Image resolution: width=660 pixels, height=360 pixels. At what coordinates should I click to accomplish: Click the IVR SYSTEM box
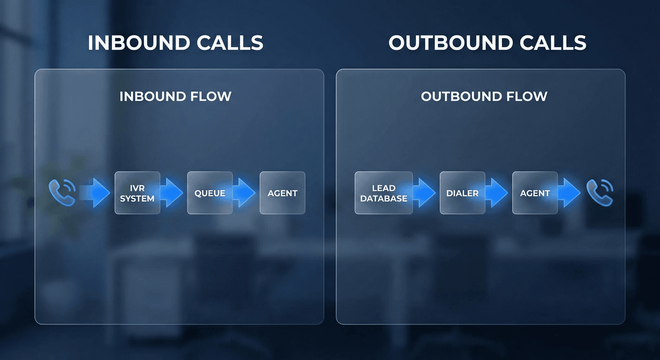pos(137,193)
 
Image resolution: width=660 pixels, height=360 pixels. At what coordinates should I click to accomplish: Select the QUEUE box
pos(210,193)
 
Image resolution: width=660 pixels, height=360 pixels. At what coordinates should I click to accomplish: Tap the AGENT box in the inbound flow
pos(282,193)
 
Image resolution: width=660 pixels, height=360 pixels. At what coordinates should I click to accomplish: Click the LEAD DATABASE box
pos(384,193)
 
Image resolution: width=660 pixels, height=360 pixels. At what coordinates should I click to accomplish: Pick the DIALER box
pos(462,193)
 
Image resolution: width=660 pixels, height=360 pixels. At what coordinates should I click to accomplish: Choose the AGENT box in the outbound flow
pos(535,193)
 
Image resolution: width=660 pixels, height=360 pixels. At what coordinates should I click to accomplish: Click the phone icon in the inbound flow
pos(62,193)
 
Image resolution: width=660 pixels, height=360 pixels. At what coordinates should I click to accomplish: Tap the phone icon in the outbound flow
pos(600,193)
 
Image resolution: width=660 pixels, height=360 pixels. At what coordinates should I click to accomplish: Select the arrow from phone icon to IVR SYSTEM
pos(95,193)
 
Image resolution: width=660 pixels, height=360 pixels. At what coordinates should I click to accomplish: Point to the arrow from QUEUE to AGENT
pos(245,193)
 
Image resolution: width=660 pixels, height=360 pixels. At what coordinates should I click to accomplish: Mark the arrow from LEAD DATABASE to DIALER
pos(425,193)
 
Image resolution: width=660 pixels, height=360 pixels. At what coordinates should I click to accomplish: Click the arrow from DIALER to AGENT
pos(498,193)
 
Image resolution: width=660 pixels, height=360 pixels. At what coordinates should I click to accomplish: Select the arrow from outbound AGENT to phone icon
pos(570,193)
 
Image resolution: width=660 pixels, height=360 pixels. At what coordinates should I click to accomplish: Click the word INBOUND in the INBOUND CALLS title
pos(139,43)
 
